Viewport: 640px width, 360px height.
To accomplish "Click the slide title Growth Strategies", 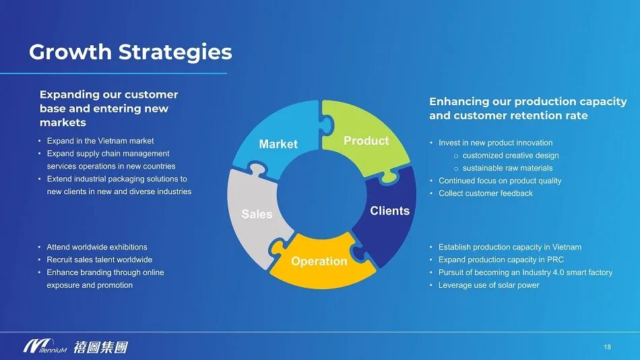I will click(130, 51).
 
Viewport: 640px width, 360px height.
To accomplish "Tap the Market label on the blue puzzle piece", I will click(278, 144).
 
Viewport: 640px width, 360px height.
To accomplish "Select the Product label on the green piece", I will click(366, 140).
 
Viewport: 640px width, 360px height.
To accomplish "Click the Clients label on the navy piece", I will click(389, 211).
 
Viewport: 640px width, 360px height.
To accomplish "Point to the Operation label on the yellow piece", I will click(319, 261).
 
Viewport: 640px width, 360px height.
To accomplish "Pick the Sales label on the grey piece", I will click(257, 214).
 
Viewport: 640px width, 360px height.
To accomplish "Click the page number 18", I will click(607, 347).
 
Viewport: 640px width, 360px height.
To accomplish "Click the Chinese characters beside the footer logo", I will click(100, 347).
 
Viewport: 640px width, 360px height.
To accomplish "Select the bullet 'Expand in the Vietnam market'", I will click(100, 141).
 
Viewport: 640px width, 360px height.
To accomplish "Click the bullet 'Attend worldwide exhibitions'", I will click(97, 247).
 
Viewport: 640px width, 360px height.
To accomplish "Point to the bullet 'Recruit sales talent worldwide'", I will click(100, 260).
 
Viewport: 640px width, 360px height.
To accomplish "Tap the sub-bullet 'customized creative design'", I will click(511, 155).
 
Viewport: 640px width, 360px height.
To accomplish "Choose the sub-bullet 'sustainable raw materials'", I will click(507, 168).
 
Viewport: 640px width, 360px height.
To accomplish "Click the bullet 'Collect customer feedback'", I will click(486, 193).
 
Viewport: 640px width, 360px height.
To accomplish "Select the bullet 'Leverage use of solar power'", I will click(489, 285).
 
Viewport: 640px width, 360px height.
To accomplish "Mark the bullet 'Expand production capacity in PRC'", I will click(501, 260).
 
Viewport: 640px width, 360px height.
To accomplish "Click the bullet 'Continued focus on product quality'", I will click(500, 181).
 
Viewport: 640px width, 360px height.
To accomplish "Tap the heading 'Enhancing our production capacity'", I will click(528, 102).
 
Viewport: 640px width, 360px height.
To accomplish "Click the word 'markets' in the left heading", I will click(63, 123).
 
